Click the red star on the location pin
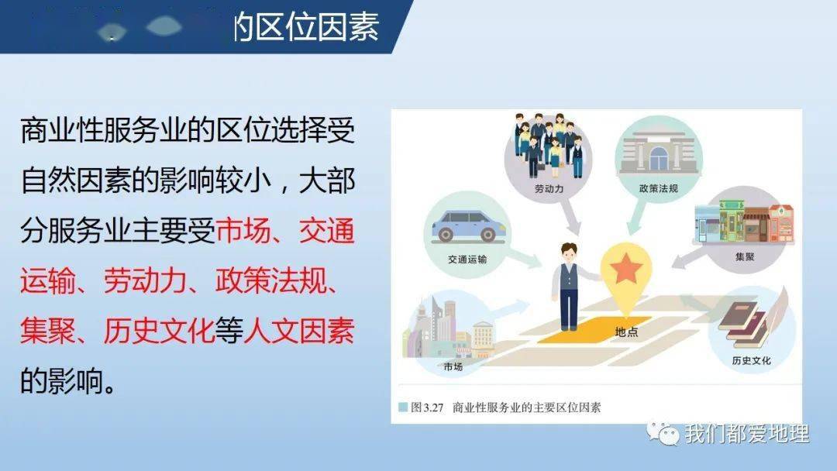coord(626,270)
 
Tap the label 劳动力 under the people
coord(549,188)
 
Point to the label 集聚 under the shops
coord(745,256)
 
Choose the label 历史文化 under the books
coord(751,360)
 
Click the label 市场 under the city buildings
coord(453,366)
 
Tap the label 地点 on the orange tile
coord(627,331)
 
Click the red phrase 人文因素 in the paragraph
coord(299,332)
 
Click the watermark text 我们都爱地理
coord(746,433)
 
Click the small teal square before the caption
coord(402,407)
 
